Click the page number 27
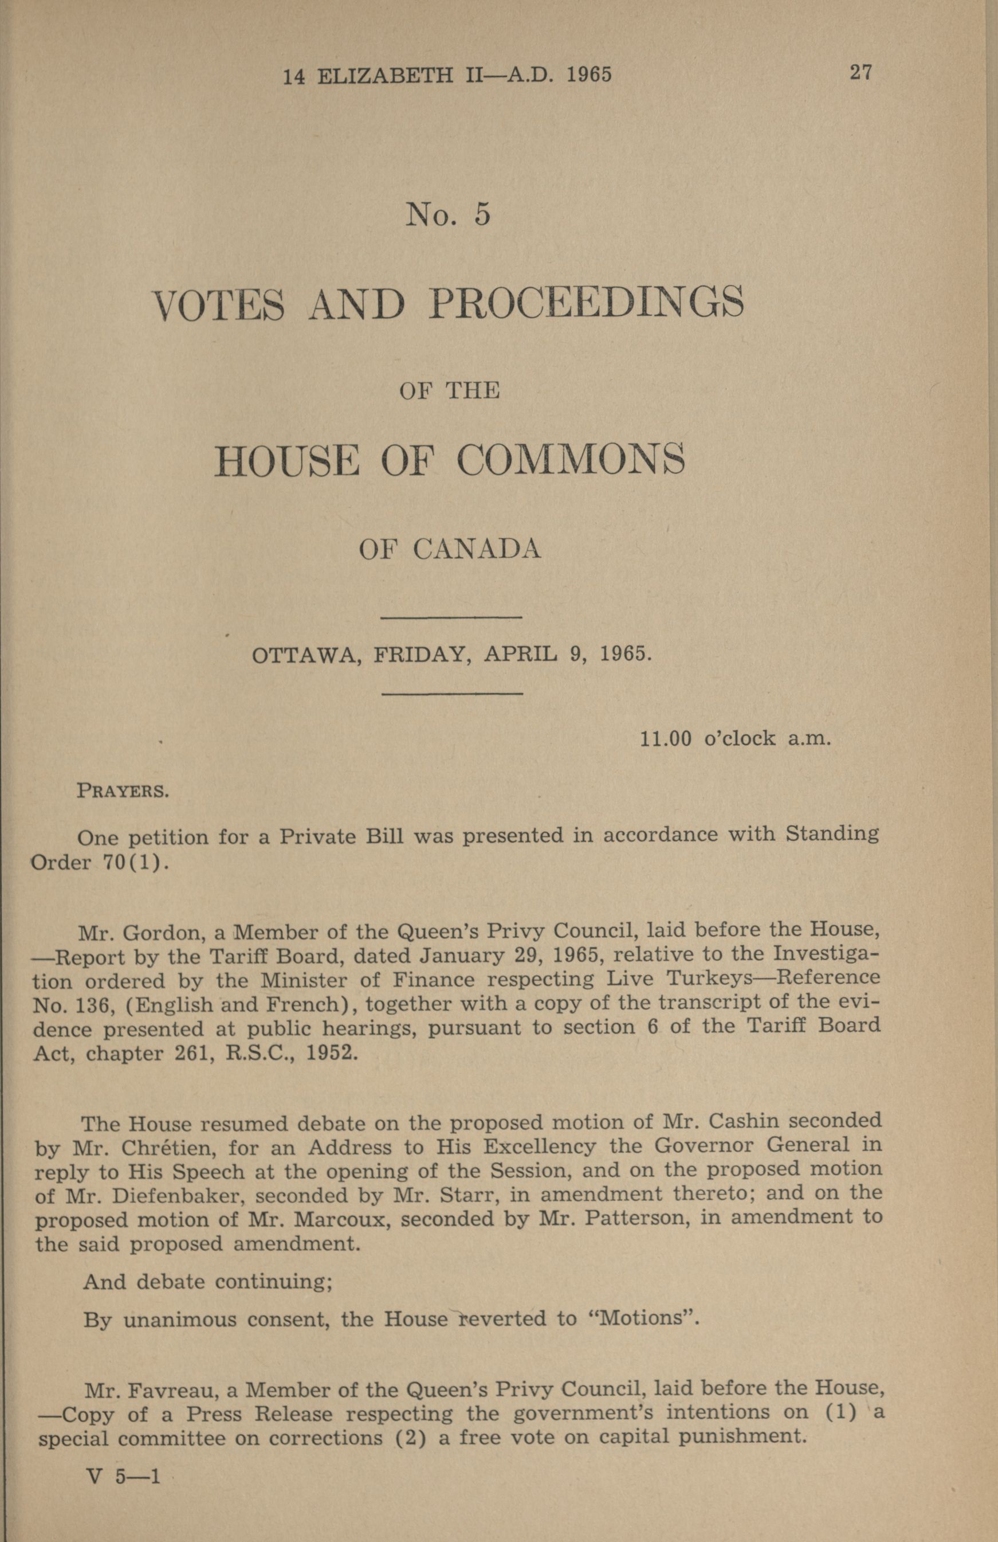pyautogui.click(x=861, y=72)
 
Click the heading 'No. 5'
pyautogui.click(x=447, y=214)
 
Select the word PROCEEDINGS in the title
pyautogui.click(x=586, y=303)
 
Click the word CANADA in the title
pyautogui.click(x=477, y=549)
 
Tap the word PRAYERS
pyautogui.click(x=123, y=791)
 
